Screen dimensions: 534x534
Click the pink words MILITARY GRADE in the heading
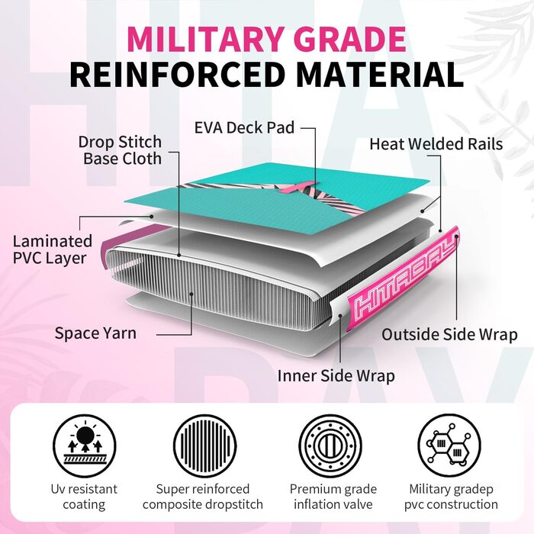(266, 39)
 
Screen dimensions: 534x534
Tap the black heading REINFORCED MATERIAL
(266, 75)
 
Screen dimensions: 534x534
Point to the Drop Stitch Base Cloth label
(120, 150)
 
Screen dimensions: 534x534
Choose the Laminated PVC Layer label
(52, 249)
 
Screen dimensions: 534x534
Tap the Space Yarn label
(95, 333)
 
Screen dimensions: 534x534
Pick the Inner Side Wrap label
(336, 375)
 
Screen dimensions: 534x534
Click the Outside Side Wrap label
(449, 334)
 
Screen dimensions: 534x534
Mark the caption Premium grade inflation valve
(328, 496)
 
